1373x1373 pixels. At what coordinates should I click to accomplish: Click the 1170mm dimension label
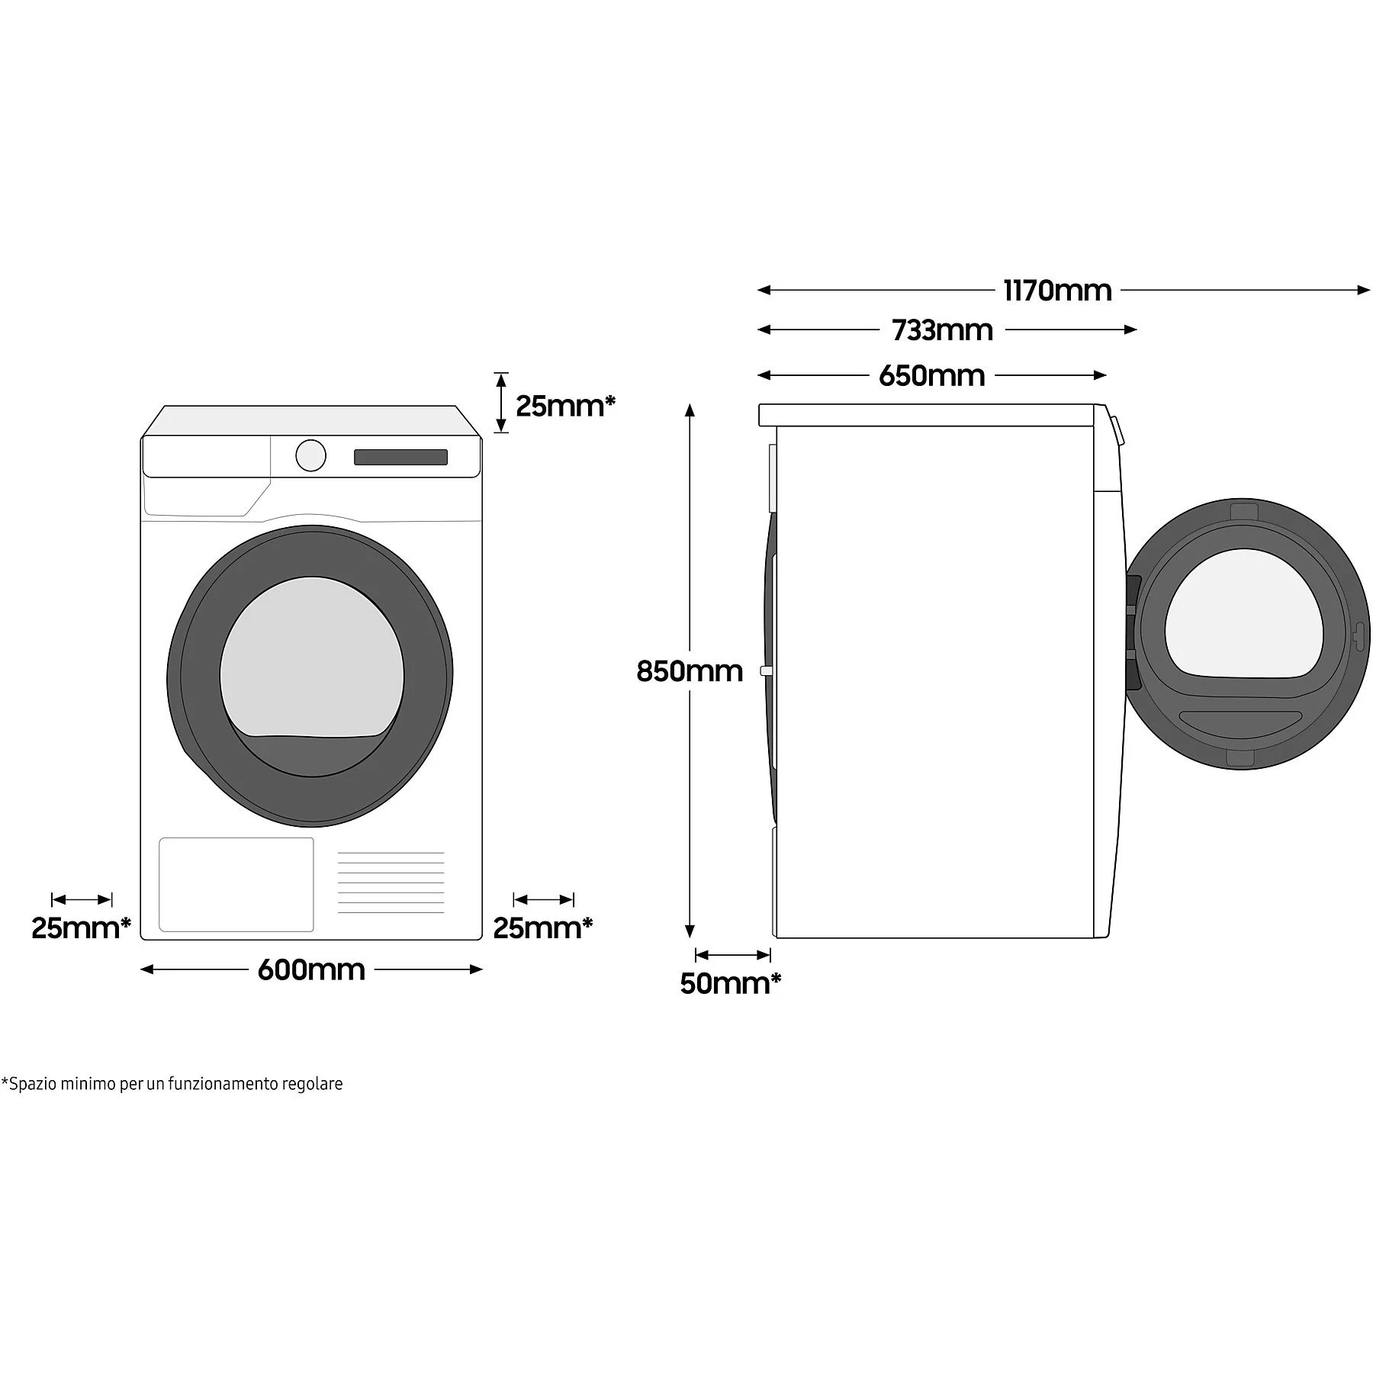coord(1057,291)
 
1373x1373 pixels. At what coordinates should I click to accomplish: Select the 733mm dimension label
coord(943,330)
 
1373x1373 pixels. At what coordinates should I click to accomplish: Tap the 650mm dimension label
coord(931,375)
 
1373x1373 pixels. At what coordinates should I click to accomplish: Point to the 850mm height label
coord(690,671)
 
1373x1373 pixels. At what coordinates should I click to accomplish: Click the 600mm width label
coord(311,969)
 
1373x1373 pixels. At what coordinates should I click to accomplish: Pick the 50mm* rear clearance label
coord(730,984)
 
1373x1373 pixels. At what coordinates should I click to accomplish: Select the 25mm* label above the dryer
coord(565,406)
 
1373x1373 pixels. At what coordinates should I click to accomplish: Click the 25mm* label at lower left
coord(81,928)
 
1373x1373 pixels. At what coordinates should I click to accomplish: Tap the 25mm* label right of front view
coord(542,928)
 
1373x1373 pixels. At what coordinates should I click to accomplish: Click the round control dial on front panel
coord(311,455)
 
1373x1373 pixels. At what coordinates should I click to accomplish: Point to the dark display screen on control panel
coord(400,457)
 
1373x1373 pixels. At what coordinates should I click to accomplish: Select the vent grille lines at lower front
coord(391,882)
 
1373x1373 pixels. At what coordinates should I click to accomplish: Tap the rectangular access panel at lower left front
coord(236,884)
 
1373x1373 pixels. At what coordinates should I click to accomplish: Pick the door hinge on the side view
coord(1133,628)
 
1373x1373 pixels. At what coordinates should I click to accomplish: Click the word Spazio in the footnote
coord(29,1084)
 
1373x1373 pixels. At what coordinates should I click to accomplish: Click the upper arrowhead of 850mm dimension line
coord(690,410)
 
